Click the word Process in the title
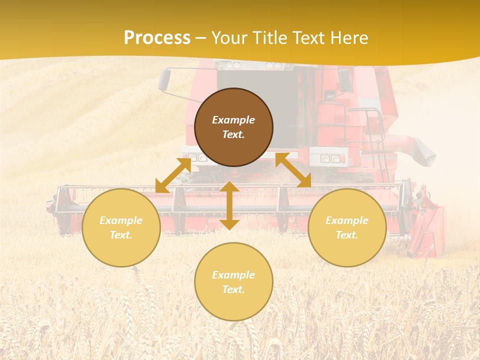[157, 38]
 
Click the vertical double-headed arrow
[229, 205]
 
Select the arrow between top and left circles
[173, 175]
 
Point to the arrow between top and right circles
[293, 170]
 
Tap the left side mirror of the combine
[164, 80]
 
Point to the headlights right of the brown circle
[330, 158]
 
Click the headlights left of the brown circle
[195, 157]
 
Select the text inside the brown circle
[233, 127]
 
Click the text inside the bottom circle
[233, 282]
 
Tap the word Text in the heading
[309, 38]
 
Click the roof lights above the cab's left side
[229, 65]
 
